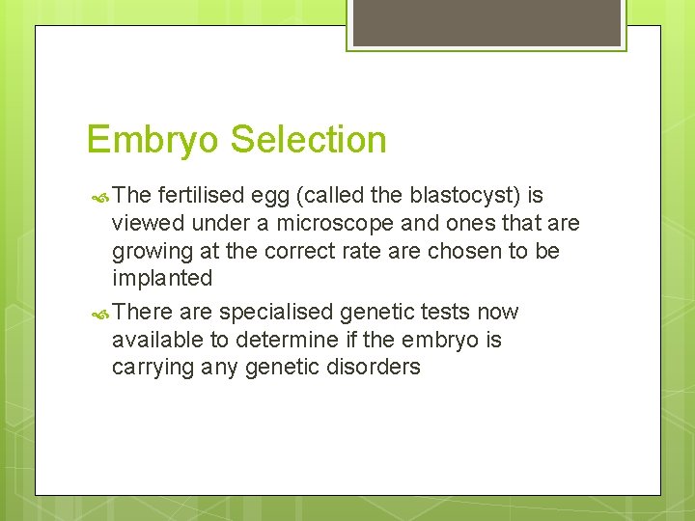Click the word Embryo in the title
[x=154, y=141]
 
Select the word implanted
[x=162, y=279]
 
